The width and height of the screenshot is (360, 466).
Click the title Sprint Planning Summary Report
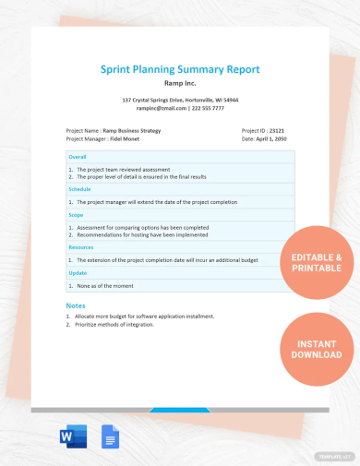pos(180,69)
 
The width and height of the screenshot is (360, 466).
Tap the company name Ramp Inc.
pos(180,82)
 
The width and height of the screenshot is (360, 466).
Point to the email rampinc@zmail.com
pos(152,108)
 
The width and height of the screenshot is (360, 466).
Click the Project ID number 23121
pos(275,131)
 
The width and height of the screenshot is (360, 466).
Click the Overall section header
pos(78,157)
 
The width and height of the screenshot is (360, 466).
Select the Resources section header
pos(82,246)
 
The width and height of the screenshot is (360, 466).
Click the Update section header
pos(78,273)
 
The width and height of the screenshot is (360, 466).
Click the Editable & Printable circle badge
pos(317,262)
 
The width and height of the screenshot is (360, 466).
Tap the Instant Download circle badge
pos(317,348)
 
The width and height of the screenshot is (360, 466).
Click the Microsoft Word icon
pos(71,437)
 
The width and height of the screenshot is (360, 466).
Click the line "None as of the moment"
pos(110,286)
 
